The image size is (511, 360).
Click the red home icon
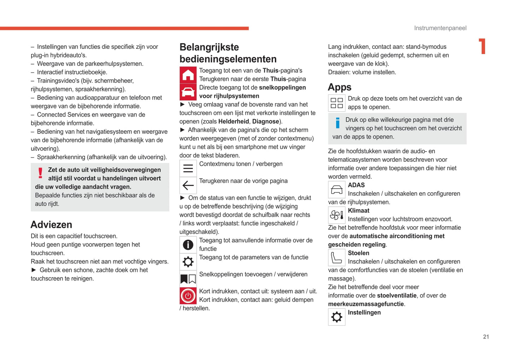(188, 75)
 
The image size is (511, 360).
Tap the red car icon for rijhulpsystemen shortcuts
(188, 92)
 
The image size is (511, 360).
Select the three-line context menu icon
(188, 168)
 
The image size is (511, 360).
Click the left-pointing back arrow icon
(188, 185)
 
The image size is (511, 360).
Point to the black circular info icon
(188, 244)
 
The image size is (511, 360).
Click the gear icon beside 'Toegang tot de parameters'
(188, 262)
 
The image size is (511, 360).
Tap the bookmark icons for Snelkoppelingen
(188, 279)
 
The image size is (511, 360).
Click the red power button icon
(188, 296)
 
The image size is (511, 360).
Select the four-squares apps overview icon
(336, 103)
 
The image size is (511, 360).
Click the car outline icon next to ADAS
(336, 190)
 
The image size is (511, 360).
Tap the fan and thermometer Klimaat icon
(336, 215)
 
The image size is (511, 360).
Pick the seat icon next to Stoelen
(336, 258)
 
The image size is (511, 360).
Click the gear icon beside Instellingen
(336, 317)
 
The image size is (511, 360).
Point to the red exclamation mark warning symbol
(40, 173)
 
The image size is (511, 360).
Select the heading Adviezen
(51, 225)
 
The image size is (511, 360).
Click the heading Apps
(339, 87)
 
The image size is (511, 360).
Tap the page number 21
(486, 337)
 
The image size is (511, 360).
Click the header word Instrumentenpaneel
(440, 28)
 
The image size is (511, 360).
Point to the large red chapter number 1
(482, 46)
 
